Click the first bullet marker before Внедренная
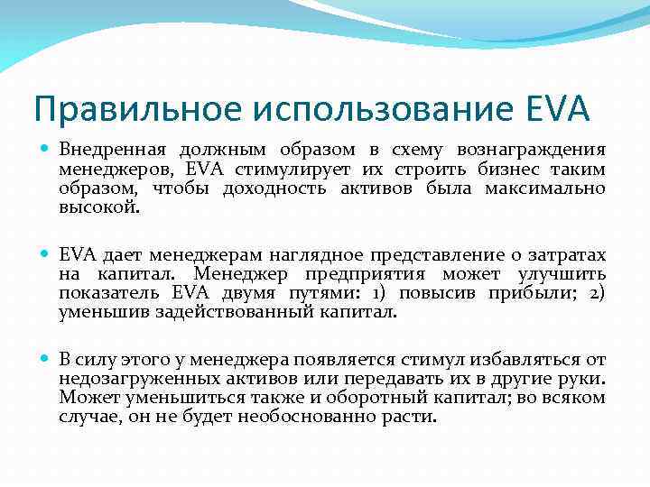coord(45,149)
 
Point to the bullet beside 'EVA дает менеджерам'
coord(45,255)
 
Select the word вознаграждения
coord(532,149)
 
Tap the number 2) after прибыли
coord(597,293)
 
